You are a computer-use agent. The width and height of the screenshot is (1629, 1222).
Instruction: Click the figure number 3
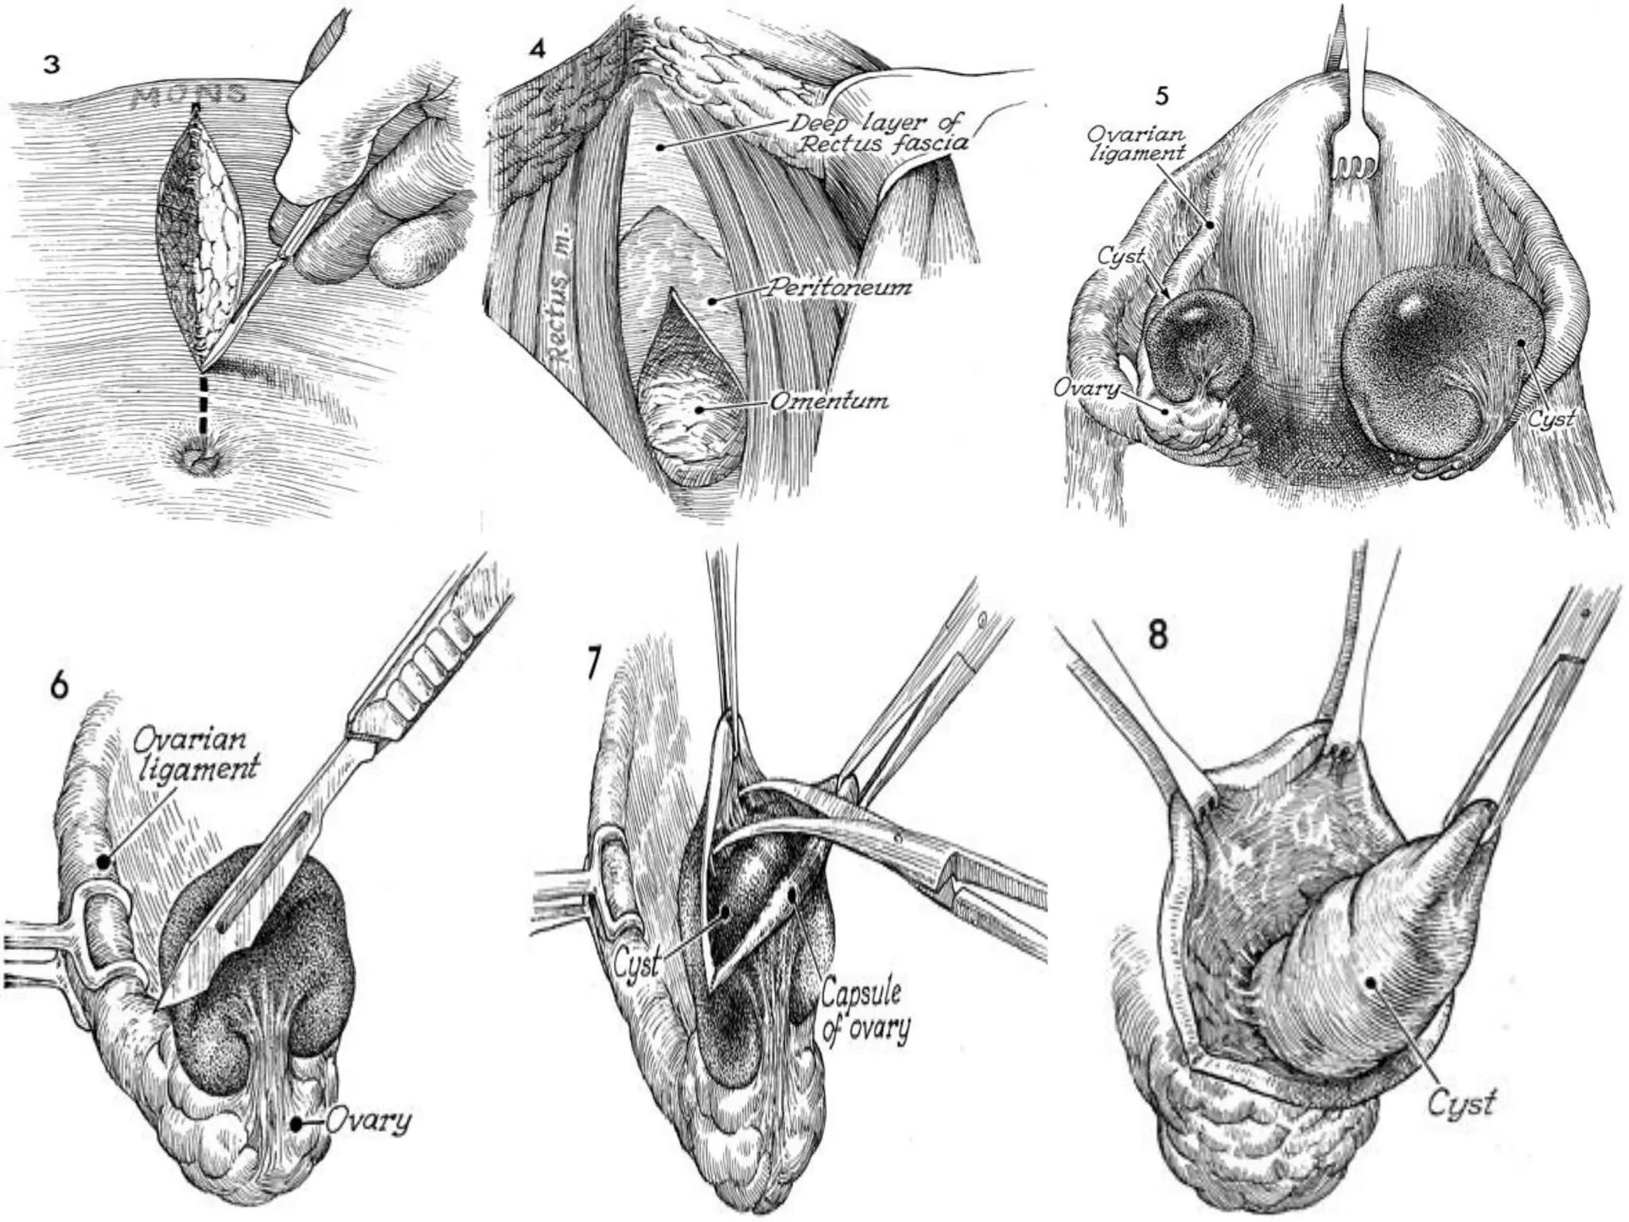pos(52,65)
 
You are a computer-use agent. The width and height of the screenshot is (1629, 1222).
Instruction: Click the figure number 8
pos(1159,636)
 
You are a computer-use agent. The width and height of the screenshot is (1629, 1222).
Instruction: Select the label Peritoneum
pos(838,287)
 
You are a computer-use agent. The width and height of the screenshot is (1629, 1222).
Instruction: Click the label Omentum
pos(829,401)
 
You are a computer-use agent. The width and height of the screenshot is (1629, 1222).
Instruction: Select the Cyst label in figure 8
pos(1461,1103)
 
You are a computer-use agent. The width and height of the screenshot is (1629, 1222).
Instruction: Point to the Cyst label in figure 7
pos(637,967)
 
